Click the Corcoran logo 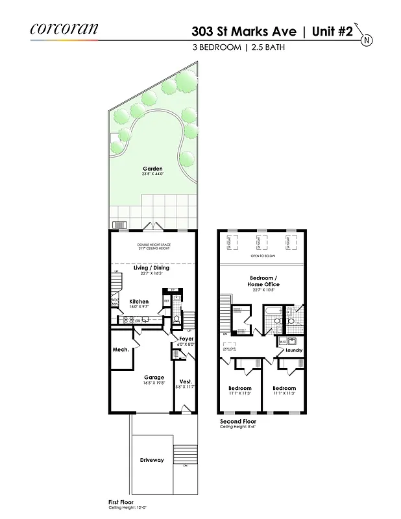pyautogui.click(x=64, y=29)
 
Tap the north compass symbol pyautogui.click(x=367, y=40)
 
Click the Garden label pyautogui.click(x=152, y=169)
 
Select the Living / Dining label pyautogui.click(x=151, y=267)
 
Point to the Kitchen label pyautogui.click(x=139, y=301)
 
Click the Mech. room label pyautogui.click(x=121, y=350)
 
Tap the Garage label pyautogui.click(x=154, y=377)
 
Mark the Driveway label pyautogui.click(x=152, y=460)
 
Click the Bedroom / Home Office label pyautogui.click(x=264, y=281)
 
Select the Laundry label pyautogui.click(x=294, y=350)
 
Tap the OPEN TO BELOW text pyautogui.click(x=262, y=256)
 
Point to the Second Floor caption pyautogui.click(x=238, y=422)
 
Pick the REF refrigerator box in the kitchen pyautogui.click(x=167, y=301)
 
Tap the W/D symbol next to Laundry pyautogui.click(x=284, y=341)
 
